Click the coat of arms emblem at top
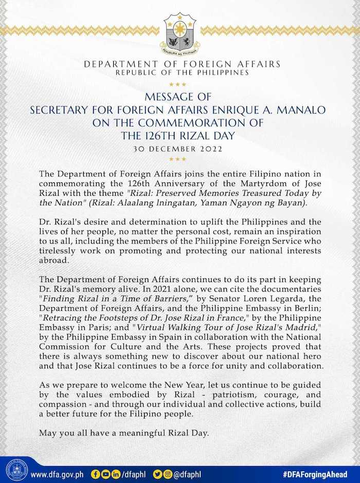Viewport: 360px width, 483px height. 180,34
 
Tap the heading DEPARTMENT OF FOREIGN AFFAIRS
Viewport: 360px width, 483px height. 182,64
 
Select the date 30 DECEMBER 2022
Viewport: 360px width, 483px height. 180,150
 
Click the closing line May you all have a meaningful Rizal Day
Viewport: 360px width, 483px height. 124,433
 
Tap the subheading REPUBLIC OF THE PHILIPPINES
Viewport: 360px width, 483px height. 182,72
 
